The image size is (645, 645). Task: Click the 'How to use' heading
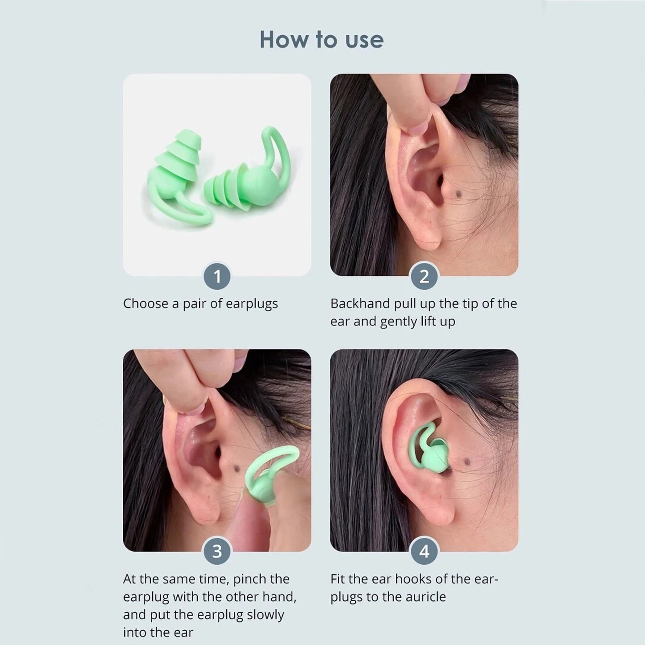coord(321,39)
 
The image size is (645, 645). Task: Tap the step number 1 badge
coord(217,277)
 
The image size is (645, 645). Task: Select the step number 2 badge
coord(424,277)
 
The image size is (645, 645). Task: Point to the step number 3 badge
coord(217,552)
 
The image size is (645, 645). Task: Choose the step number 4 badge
coord(424,552)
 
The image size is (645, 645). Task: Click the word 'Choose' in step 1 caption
coord(146,304)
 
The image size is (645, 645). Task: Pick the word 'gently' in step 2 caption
coord(398,321)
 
